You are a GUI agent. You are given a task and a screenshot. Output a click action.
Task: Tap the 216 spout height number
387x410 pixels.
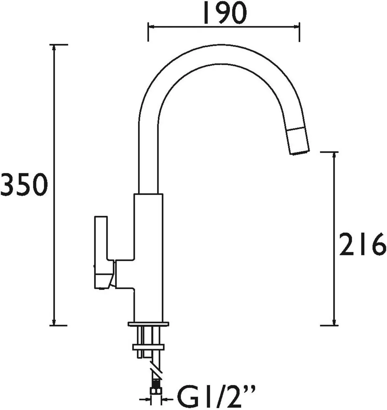[x=362, y=244]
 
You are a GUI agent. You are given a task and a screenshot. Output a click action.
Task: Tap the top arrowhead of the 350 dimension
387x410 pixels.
[x=54, y=48]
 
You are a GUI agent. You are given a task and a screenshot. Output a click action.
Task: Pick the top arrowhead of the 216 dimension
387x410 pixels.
[x=334, y=155]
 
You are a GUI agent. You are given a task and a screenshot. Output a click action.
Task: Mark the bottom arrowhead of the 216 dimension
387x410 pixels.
[x=334, y=322]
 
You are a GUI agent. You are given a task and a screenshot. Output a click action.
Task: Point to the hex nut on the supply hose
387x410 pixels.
[x=156, y=391]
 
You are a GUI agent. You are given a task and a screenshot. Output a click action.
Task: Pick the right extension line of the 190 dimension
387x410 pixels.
[x=300, y=32]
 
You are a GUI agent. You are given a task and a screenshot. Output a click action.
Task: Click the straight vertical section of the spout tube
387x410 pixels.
[x=149, y=154]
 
